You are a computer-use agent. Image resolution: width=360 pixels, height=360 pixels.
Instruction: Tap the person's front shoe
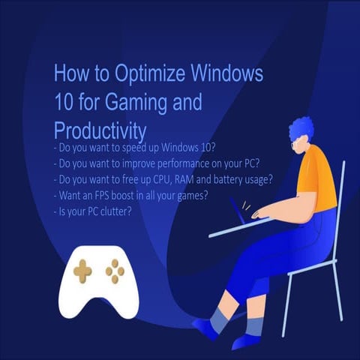pos(207,327)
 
